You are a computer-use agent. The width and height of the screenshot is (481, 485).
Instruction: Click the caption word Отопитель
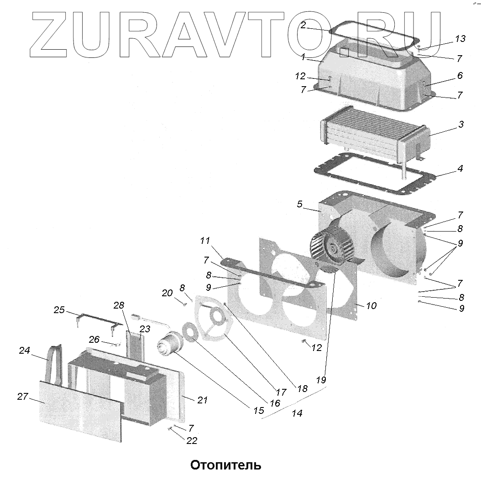click(x=225, y=466)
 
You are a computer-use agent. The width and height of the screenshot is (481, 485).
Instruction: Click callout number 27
click(x=23, y=397)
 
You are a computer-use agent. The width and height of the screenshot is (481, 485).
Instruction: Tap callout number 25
click(x=59, y=310)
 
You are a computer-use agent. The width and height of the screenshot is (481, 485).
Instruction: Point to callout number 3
click(x=461, y=124)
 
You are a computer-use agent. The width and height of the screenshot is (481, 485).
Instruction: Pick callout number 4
click(x=460, y=169)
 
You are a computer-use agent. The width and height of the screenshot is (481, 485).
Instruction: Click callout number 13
click(x=460, y=39)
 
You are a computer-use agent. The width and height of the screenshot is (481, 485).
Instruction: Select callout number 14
click(x=297, y=413)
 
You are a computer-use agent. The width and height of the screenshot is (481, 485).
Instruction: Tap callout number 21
click(x=202, y=400)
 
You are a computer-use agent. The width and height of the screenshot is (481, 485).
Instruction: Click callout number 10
click(x=371, y=305)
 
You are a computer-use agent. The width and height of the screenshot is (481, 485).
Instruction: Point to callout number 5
click(x=300, y=204)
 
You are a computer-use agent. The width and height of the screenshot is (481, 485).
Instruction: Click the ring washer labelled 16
click(x=189, y=331)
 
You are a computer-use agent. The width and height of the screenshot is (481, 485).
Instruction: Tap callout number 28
click(x=119, y=305)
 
